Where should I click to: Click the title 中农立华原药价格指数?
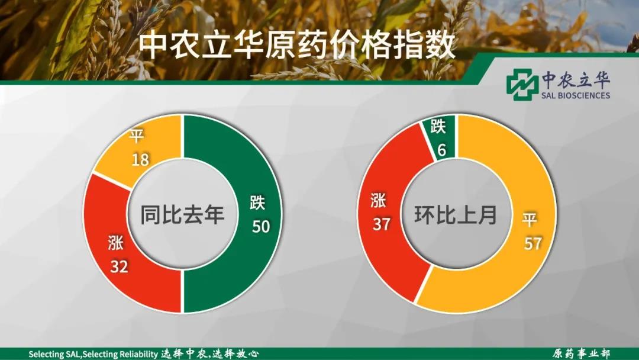(296, 46)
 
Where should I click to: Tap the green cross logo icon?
(522, 85)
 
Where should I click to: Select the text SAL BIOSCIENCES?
(576, 95)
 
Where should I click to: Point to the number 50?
(261, 226)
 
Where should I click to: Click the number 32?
(120, 266)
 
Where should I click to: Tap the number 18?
(140, 159)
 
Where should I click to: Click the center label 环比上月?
(456, 215)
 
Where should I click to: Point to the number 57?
(532, 244)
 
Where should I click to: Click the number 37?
(382, 224)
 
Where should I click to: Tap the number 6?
(442, 150)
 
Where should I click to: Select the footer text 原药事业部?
(582, 353)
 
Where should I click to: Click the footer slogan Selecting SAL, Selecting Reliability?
(93, 354)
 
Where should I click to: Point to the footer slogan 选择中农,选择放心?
(209, 353)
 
